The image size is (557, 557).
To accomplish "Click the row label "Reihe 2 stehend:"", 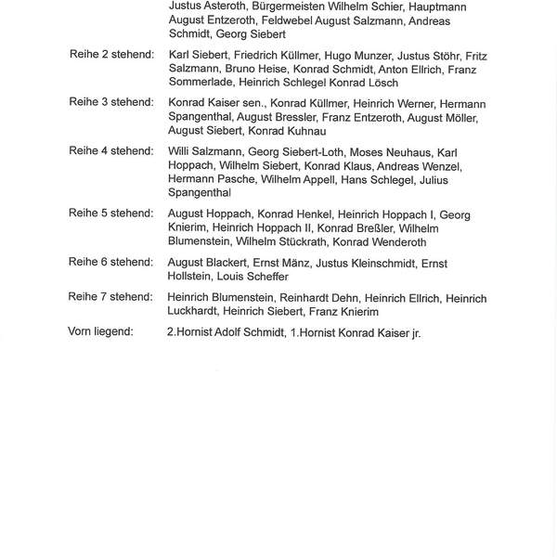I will (111, 56).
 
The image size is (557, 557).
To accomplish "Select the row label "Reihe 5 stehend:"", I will (111, 214).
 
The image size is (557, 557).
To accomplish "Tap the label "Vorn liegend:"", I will (107, 331).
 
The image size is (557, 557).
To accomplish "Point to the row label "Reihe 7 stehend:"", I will (111, 296).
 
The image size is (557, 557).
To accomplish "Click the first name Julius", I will (464, 179).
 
